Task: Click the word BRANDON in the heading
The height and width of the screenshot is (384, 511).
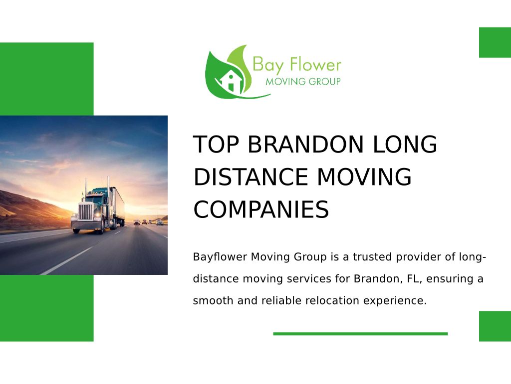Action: [305, 144]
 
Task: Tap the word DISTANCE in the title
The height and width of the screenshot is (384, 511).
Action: [251, 177]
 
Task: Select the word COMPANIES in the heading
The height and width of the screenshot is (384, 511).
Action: [261, 209]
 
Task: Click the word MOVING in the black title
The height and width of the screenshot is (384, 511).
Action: [364, 177]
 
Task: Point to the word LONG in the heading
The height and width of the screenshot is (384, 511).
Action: [405, 144]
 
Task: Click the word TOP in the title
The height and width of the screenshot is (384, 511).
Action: [216, 144]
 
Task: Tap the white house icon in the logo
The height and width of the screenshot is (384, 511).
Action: [231, 81]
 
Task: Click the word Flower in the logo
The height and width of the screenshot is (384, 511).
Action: [315, 64]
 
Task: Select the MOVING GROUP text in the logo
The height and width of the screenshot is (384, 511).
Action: [303, 81]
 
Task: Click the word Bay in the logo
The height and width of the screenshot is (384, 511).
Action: [268, 65]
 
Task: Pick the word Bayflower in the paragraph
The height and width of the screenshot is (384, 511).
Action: [220, 257]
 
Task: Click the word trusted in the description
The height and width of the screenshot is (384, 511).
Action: [372, 257]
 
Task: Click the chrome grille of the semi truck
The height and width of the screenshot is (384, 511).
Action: [85, 211]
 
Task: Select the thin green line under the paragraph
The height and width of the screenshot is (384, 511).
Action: [360, 333]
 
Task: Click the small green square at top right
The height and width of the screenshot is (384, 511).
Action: [495, 42]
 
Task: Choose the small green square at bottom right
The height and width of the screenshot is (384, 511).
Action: [495, 326]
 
